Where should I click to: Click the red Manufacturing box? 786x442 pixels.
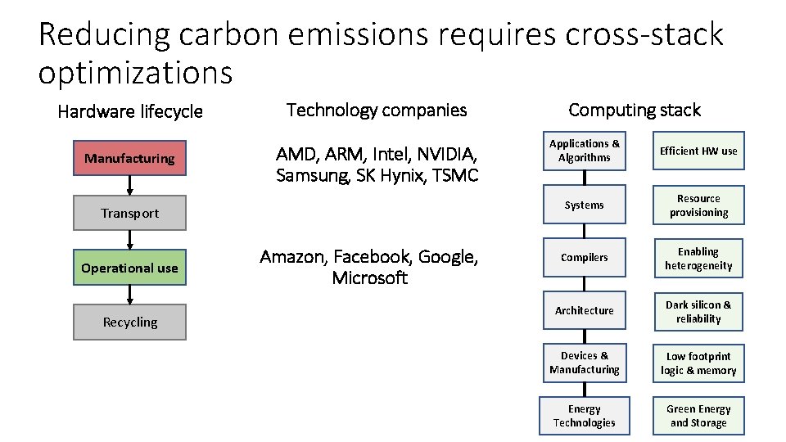(129, 158)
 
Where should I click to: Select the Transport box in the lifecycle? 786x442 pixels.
(129, 213)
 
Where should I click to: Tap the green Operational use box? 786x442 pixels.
(129, 268)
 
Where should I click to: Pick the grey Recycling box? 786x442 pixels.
(129, 322)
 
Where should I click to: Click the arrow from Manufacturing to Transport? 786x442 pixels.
(129, 186)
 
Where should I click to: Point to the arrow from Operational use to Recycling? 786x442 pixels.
(129, 295)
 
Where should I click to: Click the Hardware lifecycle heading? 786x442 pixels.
(129, 111)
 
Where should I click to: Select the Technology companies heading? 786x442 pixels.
(377, 110)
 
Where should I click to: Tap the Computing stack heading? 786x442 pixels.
(634, 110)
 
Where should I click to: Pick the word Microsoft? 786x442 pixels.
(369, 277)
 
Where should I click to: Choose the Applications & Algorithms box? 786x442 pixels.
(584, 151)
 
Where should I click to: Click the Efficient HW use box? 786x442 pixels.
(698, 151)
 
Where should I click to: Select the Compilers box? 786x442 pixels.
(584, 257)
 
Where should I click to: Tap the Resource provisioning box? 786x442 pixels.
(698, 205)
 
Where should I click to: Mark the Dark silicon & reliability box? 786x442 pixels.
(698, 311)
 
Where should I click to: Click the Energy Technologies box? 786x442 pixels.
(584, 416)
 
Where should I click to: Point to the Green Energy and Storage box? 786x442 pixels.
(698, 416)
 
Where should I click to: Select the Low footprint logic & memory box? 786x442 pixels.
(698, 363)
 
